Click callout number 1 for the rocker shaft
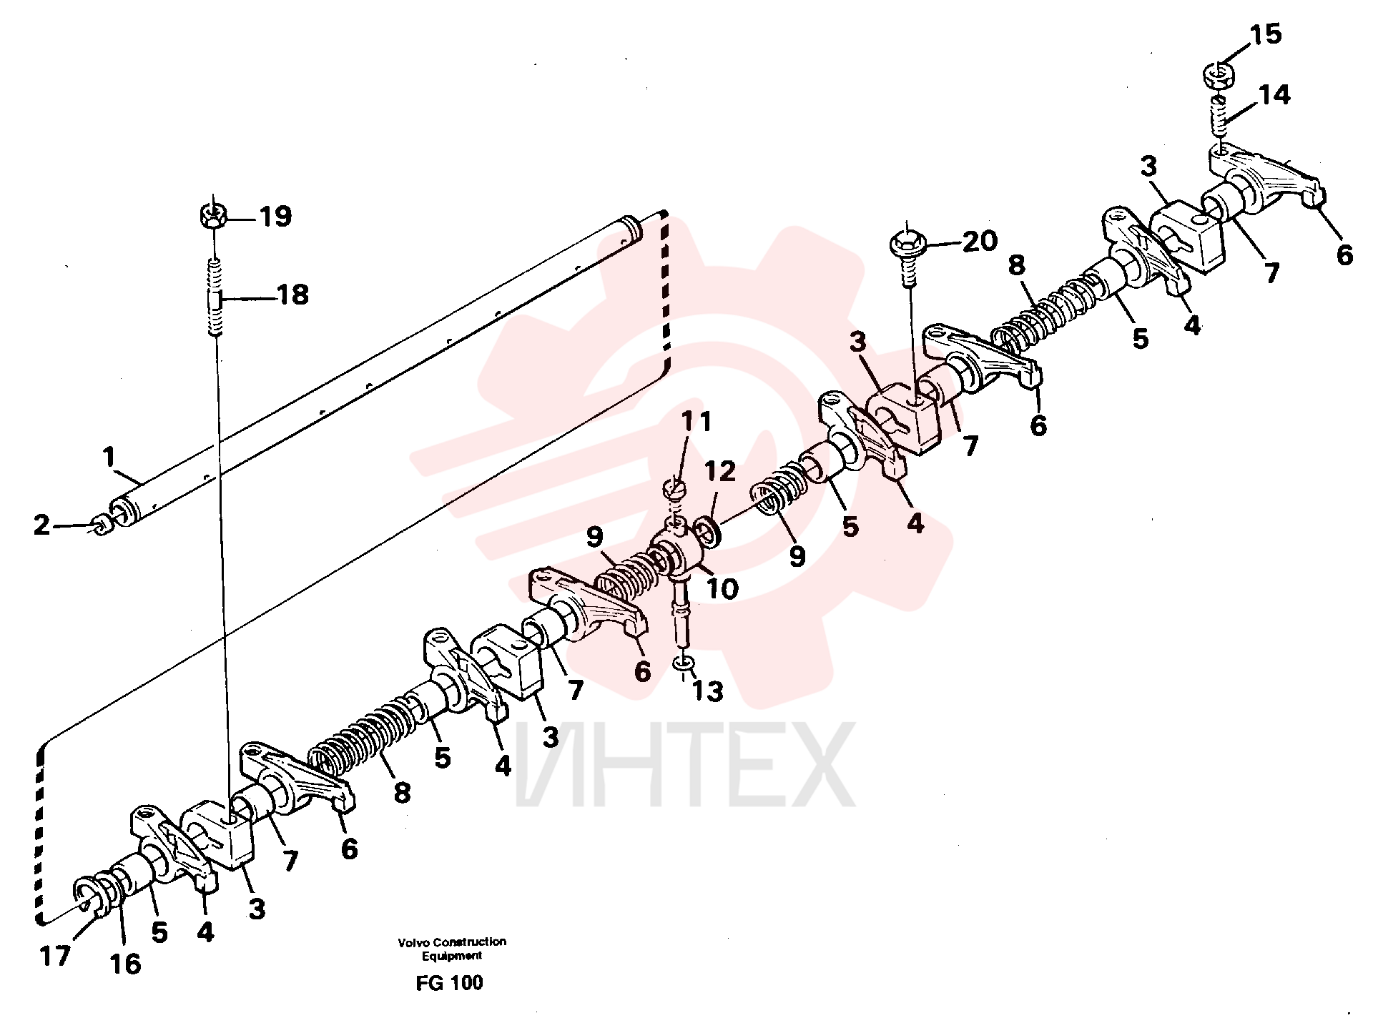point(109,456)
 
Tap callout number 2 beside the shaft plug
point(42,525)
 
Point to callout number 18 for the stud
point(292,295)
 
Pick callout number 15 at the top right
point(1266,34)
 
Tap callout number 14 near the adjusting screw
point(1274,94)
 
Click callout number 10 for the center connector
point(722,588)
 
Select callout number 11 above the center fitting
point(696,421)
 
